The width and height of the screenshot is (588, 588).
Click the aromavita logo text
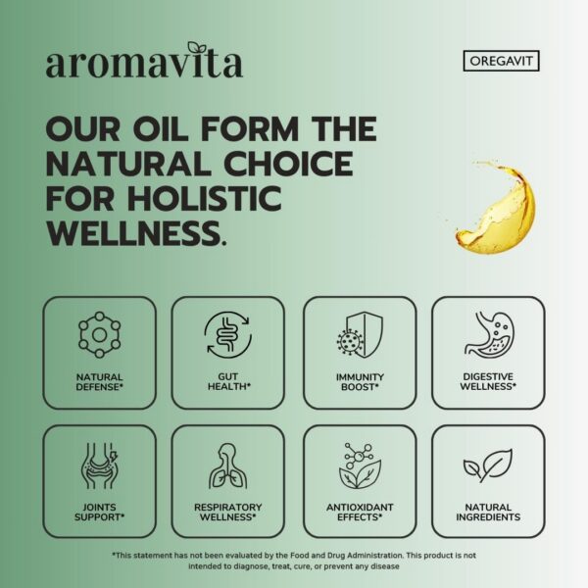coord(143,64)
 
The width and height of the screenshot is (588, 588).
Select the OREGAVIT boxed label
coord(500,61)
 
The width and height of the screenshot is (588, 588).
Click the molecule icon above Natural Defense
coord(99,336)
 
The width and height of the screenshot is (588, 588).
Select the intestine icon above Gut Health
coord(228,336)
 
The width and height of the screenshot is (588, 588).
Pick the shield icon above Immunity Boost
coord(359,336)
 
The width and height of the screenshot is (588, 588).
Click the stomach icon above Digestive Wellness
coord(488,336)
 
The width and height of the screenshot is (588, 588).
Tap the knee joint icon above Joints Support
coord(99,465)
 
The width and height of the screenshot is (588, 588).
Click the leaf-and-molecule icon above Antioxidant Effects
coord(359,465)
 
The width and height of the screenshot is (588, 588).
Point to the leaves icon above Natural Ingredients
coord(488,465)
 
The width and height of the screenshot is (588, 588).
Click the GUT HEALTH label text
coord(228,381)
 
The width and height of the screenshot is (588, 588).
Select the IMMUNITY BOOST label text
coord(359,381)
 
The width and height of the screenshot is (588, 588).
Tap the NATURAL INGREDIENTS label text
coord(488,511)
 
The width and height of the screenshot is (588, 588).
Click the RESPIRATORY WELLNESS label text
coord(228,511)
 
